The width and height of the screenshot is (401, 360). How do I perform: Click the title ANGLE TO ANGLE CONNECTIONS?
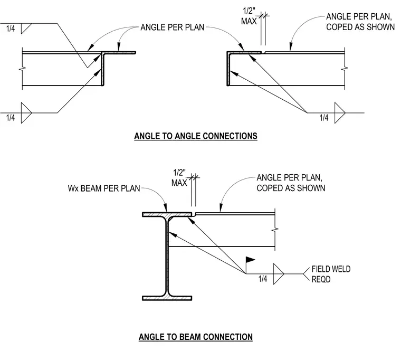[x=196, y=136]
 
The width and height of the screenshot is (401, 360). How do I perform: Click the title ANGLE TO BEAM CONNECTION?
[x=196, y=337]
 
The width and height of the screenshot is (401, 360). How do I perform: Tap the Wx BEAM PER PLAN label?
[x=104, y=188]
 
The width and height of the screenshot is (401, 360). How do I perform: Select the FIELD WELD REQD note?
[x=331, y=274]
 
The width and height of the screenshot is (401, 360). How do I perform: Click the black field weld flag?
[x=251, y=260]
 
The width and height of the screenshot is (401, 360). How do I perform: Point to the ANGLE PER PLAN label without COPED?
[x=173, y=27]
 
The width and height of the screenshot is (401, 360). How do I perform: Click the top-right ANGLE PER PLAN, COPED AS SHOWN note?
[x=360, y=22]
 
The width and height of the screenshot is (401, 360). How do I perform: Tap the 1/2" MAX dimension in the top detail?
[x=249, y=16]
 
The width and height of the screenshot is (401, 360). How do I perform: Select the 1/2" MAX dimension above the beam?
[x=179, y=178]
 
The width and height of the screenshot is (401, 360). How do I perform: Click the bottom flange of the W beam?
[x=167, y=298]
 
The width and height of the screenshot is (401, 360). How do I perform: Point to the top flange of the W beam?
[x=167, y=214]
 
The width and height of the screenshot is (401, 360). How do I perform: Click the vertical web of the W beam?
[x=167, y=256]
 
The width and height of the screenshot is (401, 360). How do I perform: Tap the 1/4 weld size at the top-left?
[x=11, y=29]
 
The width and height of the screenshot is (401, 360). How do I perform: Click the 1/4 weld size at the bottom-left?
[x=11, y=118]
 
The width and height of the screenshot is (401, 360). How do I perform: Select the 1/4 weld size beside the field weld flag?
[x=263, y=279]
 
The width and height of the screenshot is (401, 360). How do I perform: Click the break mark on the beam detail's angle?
[x=275, y=230]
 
